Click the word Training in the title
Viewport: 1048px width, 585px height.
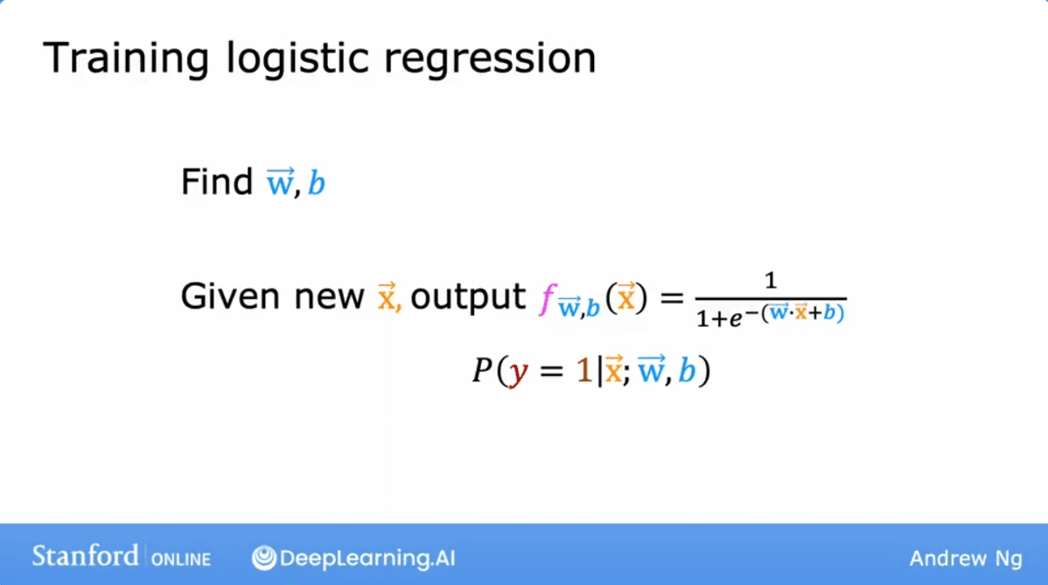(x=125, y=59)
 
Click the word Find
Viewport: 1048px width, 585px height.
(x=216, y=182)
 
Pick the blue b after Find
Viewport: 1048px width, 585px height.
(x=317, y=184)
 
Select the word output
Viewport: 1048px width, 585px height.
(x=467, y=297)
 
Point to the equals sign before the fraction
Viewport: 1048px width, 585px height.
(x=668, y=299)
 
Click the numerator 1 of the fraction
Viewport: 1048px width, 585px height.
(x=771, y=282)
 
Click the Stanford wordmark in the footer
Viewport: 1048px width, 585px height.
(x=85, y=554)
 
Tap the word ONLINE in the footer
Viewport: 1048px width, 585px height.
(x=181, y=557)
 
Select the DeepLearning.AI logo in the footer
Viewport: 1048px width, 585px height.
(x=353, y=557)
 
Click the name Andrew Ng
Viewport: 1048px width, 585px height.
(x=965, y=557)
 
